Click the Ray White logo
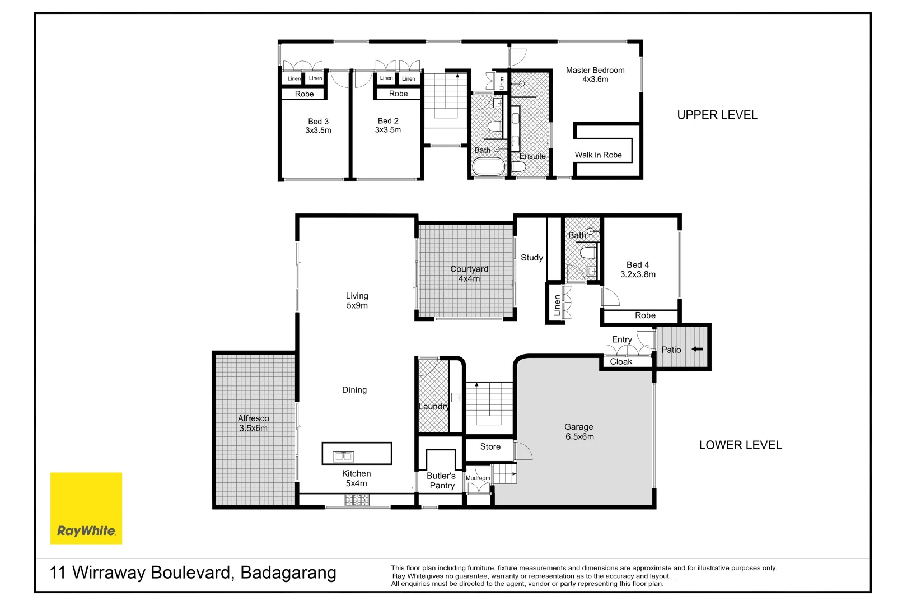click(x=86, y=508)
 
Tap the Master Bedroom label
click(x=595, y=75)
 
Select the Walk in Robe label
click(x=598, y=155)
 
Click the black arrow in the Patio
click(x=697, y=349)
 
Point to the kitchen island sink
click(x=343, y=456)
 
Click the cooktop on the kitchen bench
click(x=357, y=500)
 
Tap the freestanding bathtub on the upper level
click(x=489, y=167)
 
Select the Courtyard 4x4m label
click(x=469, y=274)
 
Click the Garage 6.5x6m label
click(x=579, y=432)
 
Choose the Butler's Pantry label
click(x=442, y=481)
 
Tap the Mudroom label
click(x=478, y=478)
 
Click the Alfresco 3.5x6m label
click(x=253, y=423)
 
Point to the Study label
click(x=531, y=258)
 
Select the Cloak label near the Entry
click(x=621, y=362)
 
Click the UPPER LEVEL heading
click(x=717, y=115)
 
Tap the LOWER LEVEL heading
click(x=740, y=445)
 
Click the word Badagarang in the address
click(x=288, y=573)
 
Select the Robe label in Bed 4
click(x=645, y=315)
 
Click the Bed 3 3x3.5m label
click(x=318, y=125)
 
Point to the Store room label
click(x=490, y=446)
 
